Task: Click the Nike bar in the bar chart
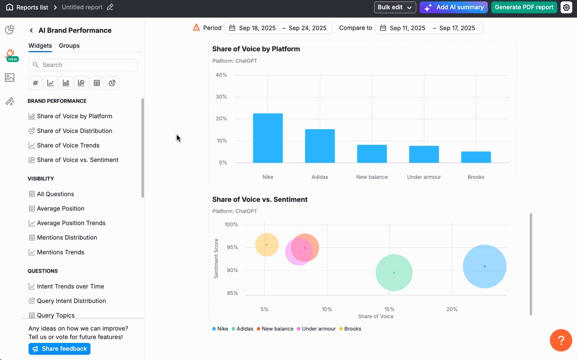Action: coord(268,138)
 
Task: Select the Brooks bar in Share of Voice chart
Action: coord(476,157)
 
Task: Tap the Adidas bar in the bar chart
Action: coord(320,146)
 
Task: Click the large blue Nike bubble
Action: coord(484,266)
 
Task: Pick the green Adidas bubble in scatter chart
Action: coord(394,273)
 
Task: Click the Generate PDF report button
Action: coord(524,7)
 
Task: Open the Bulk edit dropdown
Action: coord(394,7)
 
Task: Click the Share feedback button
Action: coord(59,349)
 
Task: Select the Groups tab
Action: coord(69,46)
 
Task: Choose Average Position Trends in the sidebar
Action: coord(71,223)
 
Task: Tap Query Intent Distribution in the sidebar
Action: coord(71,301)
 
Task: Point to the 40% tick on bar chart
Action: coord(221,75)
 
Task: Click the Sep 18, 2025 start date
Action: coord(257,28)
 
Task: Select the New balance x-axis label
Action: coord(372,177)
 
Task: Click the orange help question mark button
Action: coord(561,340)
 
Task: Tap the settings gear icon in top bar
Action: coord(566,7)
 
